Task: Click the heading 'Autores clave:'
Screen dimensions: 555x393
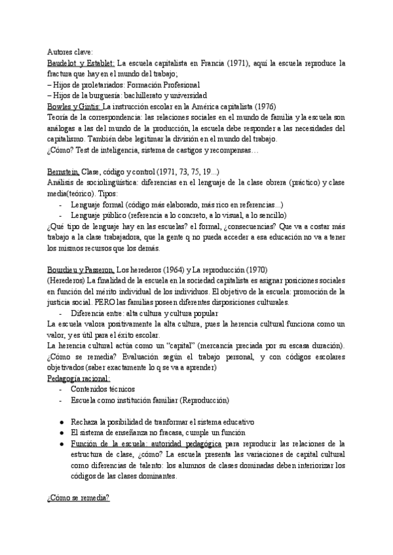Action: [70, 52]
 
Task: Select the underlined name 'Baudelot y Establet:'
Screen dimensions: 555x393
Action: [81, 63]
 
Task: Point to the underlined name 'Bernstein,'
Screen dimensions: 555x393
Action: [64, 171]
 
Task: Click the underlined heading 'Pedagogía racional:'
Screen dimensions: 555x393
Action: [79, 378]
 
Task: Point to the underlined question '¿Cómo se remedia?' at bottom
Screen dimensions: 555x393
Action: [78, 497]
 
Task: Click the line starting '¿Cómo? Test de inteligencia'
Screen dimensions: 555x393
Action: [154, 150]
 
